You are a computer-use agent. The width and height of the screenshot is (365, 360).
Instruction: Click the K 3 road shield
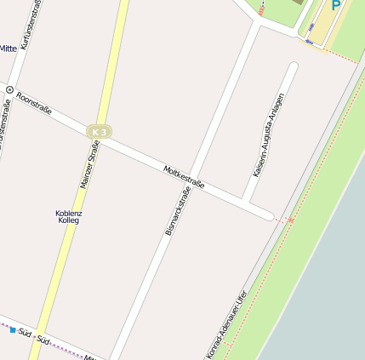pyautogui.click(x=99, y=132)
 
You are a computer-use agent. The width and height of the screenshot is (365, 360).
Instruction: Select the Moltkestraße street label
pyautogui.click(x=183, y=178)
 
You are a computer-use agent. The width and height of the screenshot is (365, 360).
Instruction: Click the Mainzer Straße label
pyautogui.click(x=89, y=164)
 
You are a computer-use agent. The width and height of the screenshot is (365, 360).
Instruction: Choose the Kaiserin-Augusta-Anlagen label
pyautogui.click(x=268, y=134)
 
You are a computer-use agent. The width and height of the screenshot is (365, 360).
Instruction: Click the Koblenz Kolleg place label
pyautogui.click(x=68, y=216)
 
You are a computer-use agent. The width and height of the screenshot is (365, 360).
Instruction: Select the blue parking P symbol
pyautogui.click(x=335, y=5)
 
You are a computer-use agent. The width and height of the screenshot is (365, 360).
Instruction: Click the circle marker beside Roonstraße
pyautogui.click(x=9, y=89)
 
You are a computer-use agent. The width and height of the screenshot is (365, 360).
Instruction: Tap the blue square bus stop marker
pyautogui.click(x=13, y=329)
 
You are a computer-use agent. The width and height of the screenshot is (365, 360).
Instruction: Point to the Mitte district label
pyautogui.click(x=9, y=49)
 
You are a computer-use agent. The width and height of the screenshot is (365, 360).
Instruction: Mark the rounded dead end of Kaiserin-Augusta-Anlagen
pyautogui.click(x=294, y=66)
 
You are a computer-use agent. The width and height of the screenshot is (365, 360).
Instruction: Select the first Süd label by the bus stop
pyautogui.click(x=25, y=333)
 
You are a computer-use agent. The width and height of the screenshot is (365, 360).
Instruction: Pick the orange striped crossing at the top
pyautogui.click(x=261, y=10)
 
